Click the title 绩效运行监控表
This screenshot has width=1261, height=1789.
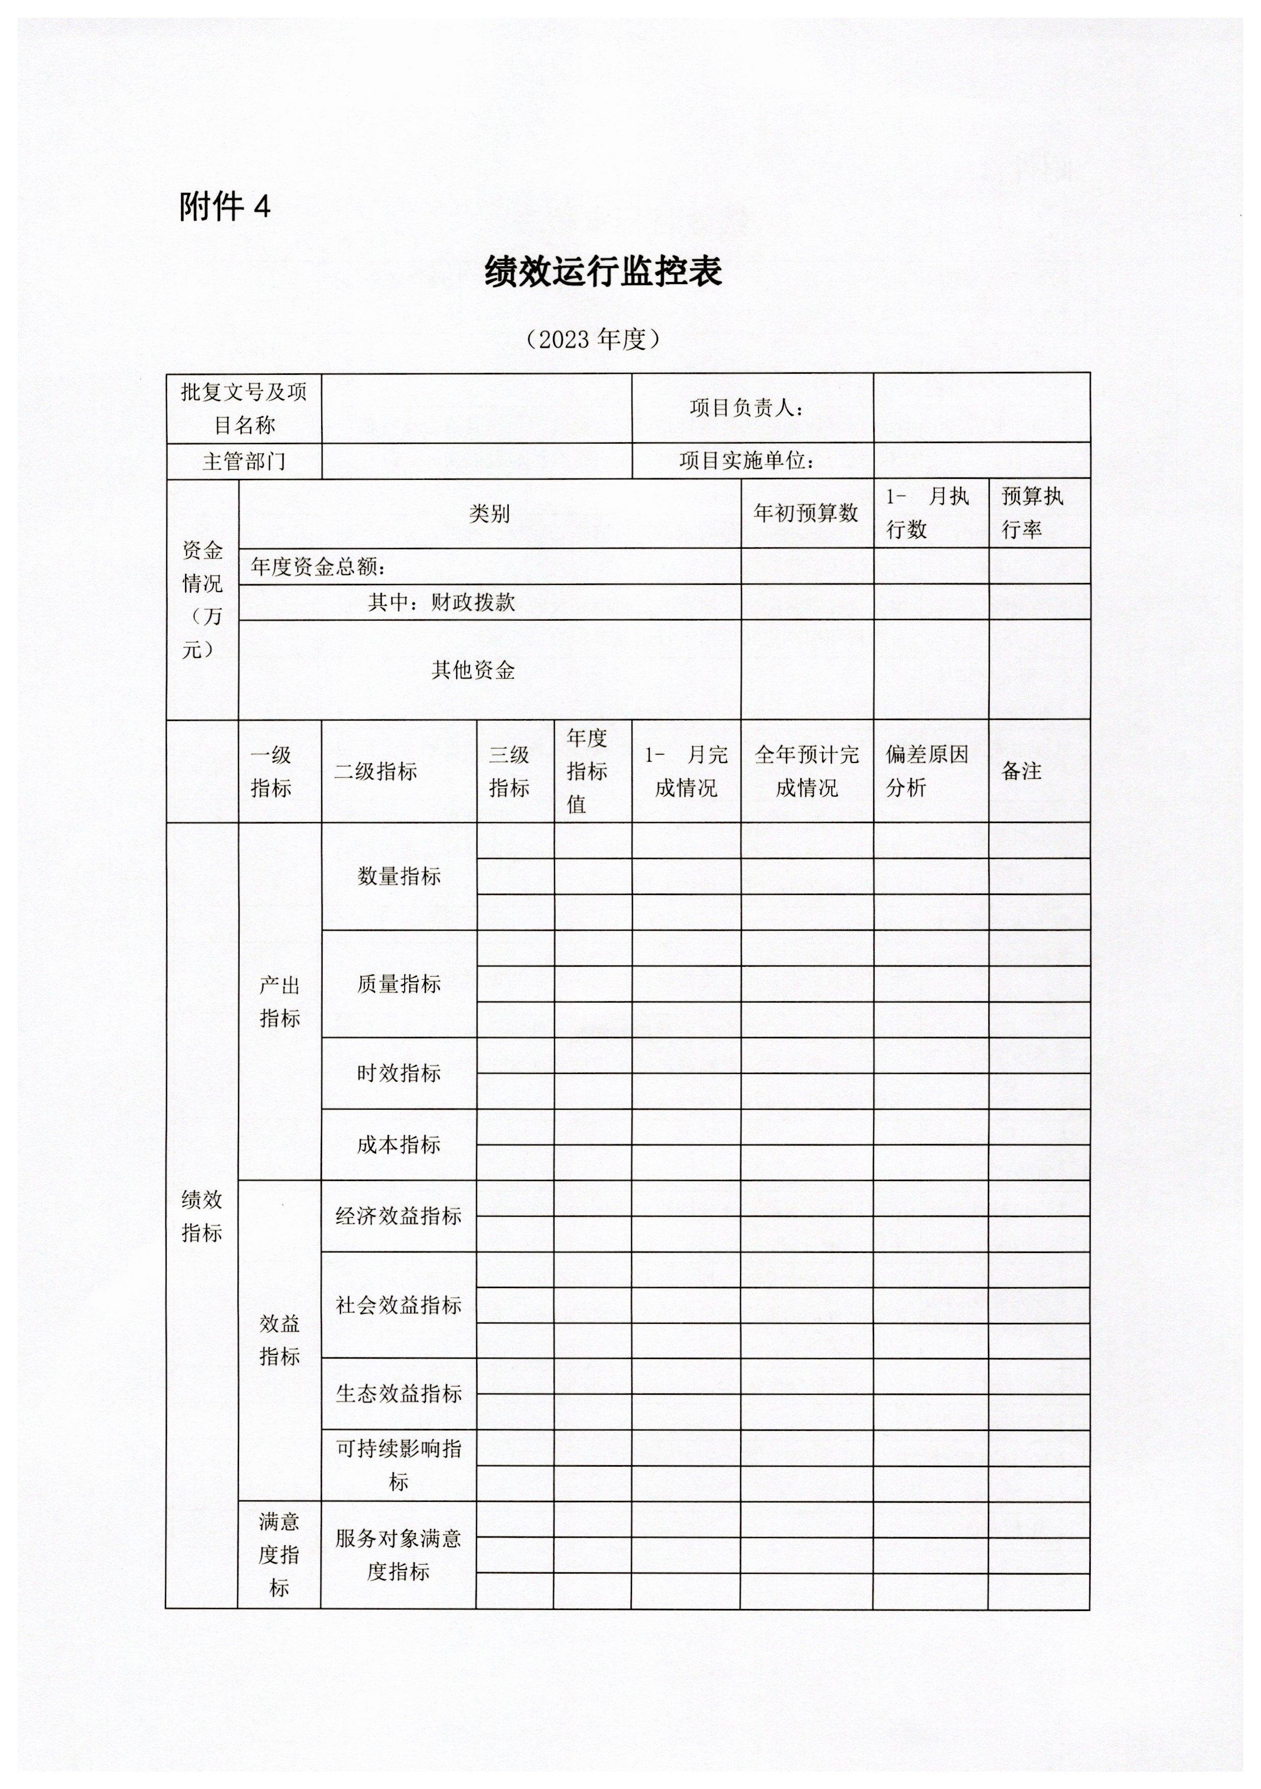(x=603, y=272)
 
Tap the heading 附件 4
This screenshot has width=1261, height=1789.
(x=225, y=207)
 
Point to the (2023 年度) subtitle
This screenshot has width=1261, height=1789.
(x=593, y=339)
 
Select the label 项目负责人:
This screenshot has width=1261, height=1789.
(x=746, y=407)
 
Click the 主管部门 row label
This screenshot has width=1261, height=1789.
(x=244, y=462)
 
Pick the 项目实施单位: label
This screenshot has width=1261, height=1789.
(x=746, y=462)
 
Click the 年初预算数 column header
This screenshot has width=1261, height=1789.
(x=806, y=513)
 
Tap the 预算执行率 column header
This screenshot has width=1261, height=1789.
(x=1032, y=513)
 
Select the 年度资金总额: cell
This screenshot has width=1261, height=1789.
(x=319, y=567)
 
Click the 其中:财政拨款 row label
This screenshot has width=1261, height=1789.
(x=441, y=602)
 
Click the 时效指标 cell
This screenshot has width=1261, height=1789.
(x=399, y=1073)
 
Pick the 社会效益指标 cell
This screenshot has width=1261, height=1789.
(x=399, y=1305)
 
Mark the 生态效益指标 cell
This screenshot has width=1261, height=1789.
(x=399, y=1393)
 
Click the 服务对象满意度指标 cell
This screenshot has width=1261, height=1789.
(x=399, y=1554)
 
